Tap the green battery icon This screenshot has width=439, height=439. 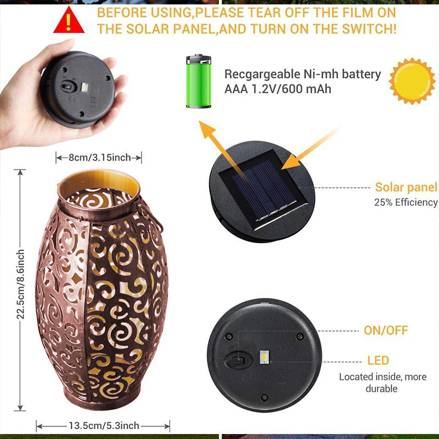point(198,81)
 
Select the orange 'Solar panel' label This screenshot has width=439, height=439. point(406,188)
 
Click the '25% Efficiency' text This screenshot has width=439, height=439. point(406,202)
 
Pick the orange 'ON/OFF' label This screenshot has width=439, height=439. point(386,330)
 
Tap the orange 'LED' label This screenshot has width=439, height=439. point(378,361)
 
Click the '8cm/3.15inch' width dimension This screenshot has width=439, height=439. point(99,158)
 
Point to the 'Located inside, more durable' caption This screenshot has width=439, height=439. point(382,382)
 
